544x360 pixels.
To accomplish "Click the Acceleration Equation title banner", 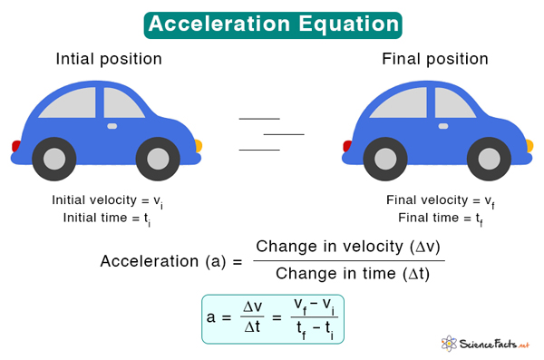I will point(272,24).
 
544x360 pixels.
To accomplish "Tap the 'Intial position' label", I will point(109,59).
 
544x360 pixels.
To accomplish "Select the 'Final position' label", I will point(435,59).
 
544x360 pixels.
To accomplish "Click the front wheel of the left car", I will point(156,160).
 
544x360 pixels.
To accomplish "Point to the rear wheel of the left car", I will point(53,160).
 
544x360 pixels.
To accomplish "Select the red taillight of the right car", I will point(345,145).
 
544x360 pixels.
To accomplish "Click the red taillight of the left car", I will point(15,145).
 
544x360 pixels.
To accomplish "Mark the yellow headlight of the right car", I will point(529,144).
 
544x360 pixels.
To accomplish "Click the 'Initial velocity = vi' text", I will point(108,200).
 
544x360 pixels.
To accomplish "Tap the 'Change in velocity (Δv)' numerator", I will point(349,247).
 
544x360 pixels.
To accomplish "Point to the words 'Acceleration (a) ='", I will point(171,261).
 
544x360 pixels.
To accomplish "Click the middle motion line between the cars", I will point(283,133).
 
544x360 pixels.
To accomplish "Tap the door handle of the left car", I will point(112,126).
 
